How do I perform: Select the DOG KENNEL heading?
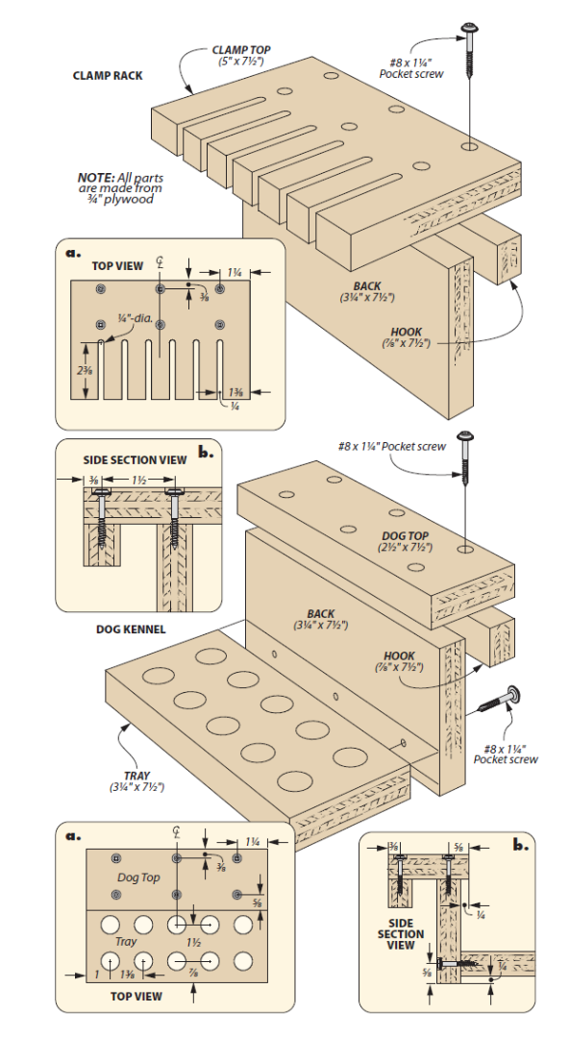(131, 630)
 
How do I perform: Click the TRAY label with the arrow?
(136, 775)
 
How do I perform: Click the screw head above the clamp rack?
(470, 27)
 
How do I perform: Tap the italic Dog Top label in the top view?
(138, 877)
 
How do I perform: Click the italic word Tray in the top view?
(128, 942)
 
